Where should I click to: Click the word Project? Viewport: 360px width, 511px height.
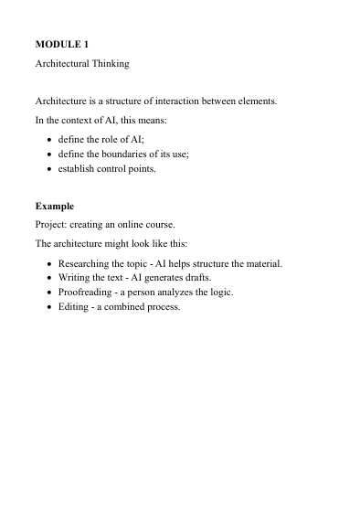pyautogui.click(x=53, y=226)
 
